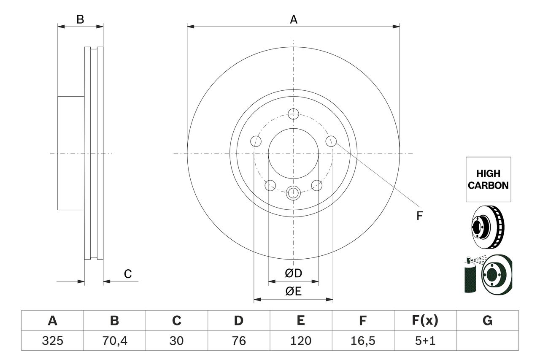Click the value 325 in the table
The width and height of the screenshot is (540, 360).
52,341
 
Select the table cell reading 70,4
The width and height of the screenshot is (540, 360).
114,341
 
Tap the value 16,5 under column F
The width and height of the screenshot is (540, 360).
362,341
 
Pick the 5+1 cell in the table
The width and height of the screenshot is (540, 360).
425,341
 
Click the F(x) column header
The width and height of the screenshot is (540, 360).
425,321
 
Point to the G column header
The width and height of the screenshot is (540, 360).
487,321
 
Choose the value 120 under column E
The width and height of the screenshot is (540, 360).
300,341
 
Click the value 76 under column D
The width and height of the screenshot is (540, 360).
238,341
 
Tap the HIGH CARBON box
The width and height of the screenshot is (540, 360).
488,179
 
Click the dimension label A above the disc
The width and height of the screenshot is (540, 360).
293,19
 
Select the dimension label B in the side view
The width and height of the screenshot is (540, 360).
80,19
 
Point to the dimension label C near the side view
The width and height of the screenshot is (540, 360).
128,274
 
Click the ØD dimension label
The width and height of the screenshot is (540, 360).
293,273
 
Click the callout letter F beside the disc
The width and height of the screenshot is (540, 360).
419,216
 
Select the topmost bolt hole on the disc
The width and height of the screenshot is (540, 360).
293,113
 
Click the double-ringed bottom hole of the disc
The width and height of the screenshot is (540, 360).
293,193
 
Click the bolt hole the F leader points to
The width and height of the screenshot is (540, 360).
331,141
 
